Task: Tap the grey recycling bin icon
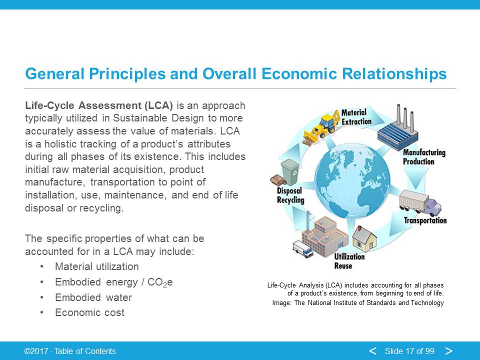(x=290, y=172)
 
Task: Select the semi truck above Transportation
(x=420, y=203)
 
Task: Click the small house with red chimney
(x=364, y=239)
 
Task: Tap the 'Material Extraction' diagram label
(x=356, y=117)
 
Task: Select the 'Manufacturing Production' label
(x=424, y=156)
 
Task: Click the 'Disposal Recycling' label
(x=290, y=195)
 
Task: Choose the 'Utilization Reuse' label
(x=349, y=261)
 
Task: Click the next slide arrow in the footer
(x=449, y=351)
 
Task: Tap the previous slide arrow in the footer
(x=373, y=351)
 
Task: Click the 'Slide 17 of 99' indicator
(x=409, y=351)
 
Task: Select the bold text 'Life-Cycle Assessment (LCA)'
(x=99, y=105)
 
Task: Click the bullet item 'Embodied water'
(x=93, y=297)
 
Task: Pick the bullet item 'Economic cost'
(x=89, y=312)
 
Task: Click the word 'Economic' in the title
(x=299, y=74)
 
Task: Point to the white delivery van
(x=303, y=249)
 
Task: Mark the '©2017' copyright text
(x=36, y=351)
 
